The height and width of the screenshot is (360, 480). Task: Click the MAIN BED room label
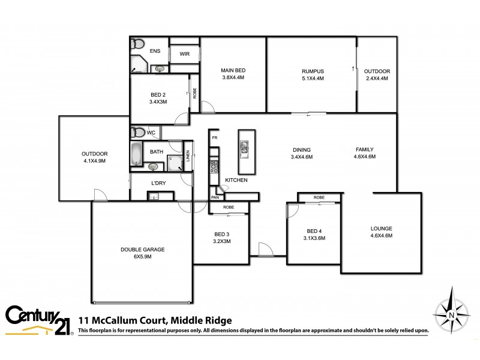[x=233, y=71]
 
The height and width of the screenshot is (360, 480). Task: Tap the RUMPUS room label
[x=313, y=71]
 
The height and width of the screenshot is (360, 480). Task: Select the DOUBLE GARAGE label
[x=142, y=249]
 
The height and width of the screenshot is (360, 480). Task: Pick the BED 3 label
[x=221, y=234]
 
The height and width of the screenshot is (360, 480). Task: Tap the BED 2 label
[x=158, y=95]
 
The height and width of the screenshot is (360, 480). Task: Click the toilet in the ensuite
[x=138, y=44]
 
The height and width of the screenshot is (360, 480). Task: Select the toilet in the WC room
[x=138, y=132]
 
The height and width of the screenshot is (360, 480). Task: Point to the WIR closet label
[x=184, y=53]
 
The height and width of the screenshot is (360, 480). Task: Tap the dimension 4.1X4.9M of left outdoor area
[x=94, y=161]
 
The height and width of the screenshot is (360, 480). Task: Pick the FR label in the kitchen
[x=214, y=137]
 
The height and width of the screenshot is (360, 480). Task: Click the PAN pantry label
[x=215, y=196]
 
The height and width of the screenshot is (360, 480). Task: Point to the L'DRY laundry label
[x=158, y=182]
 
